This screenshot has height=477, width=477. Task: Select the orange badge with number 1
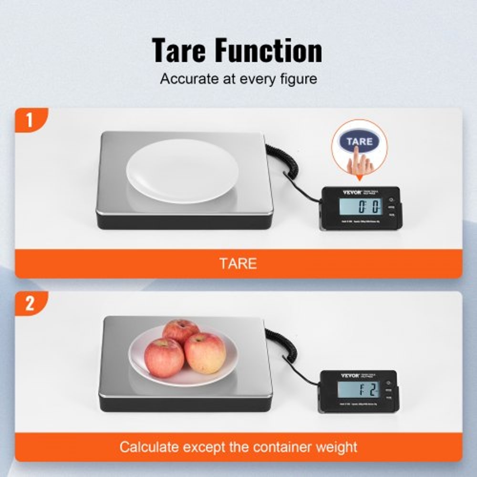pos(30,120)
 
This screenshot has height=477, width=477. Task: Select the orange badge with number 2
pos(30,304)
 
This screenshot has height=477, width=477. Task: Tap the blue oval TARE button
pos(359,142)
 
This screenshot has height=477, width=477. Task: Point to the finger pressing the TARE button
pos(361,165)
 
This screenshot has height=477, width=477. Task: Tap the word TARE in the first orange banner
pos(238,263)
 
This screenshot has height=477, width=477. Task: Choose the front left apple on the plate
pos(164,357)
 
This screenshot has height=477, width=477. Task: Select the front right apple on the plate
pos(205,353)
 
